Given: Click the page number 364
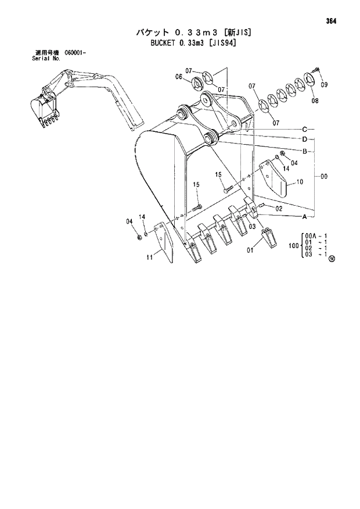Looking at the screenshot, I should point(332,21).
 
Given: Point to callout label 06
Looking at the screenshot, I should point(179,77).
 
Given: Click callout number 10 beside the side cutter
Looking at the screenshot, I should point(300,182).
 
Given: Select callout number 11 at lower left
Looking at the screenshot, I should point(150,257).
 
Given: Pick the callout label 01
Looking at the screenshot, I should point(250,250).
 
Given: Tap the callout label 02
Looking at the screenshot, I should point(279,208).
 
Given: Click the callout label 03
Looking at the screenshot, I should point(253,226).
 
